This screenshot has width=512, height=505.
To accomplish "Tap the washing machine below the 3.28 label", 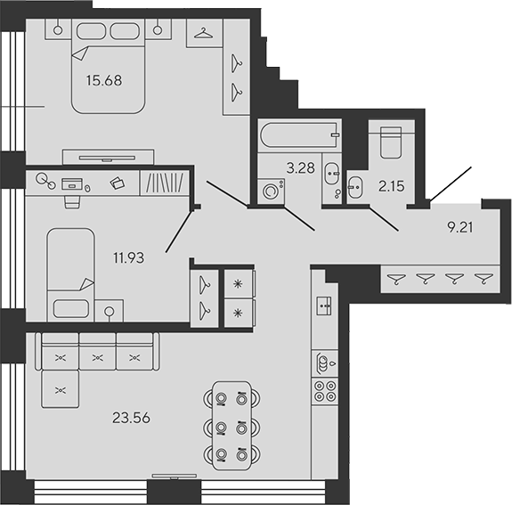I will point(270,191).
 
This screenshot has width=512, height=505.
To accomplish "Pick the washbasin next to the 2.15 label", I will point(356,187).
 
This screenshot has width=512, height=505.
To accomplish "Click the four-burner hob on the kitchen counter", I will point(323,389).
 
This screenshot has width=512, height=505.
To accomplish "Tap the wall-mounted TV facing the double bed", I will point(110,156).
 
